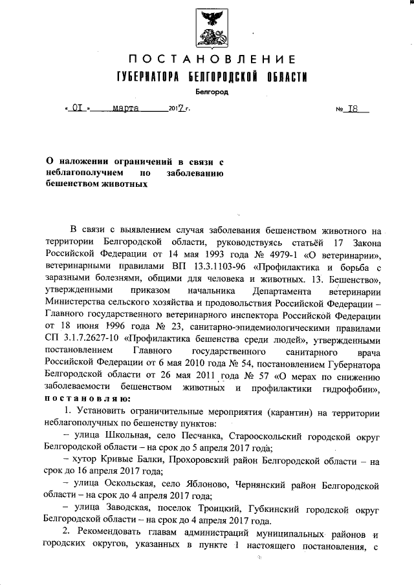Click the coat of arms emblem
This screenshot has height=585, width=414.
click(x=210, y=25)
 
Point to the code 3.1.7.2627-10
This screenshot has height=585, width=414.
click(x=93, y=339)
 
